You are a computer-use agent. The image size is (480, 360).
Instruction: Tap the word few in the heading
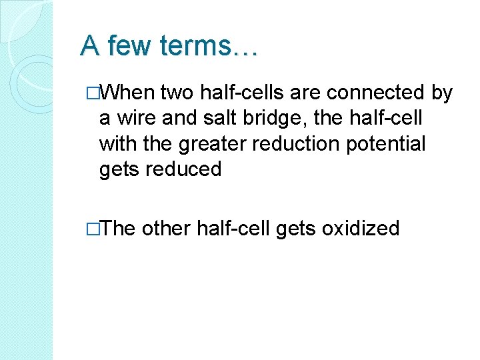[133, 46]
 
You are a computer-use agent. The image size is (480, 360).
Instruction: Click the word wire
[143, 119]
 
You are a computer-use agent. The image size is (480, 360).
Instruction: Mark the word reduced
[185, 169]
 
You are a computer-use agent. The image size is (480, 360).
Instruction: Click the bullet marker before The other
[93, 229]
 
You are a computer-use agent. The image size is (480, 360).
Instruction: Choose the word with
[118, 145]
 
